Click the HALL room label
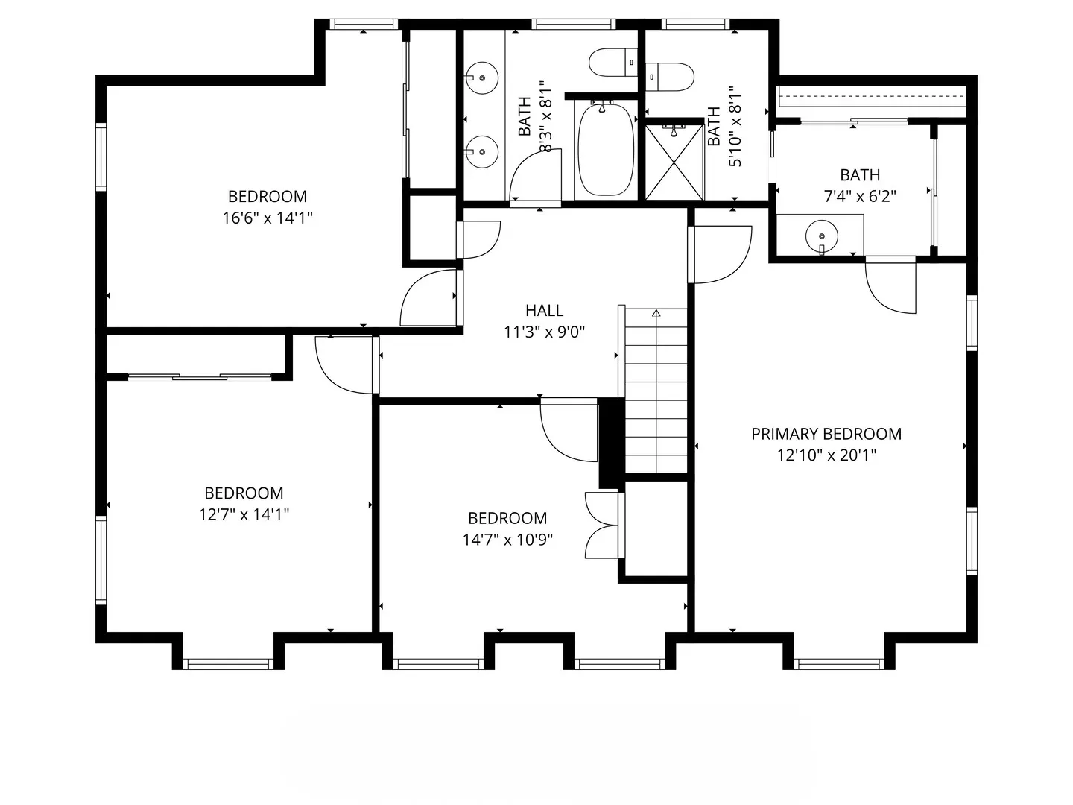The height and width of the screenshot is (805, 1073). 544,310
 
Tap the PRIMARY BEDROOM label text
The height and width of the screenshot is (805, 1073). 826,434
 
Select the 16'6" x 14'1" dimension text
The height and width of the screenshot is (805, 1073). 267,218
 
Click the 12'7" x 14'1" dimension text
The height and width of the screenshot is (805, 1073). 244,514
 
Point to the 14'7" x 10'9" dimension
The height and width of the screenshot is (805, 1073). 507,540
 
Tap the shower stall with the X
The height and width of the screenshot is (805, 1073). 674,162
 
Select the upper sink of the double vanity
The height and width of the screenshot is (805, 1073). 482,77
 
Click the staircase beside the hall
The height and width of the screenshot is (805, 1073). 656,391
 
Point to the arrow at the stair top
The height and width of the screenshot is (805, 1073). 656,314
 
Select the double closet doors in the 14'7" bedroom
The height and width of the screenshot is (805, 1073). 602,525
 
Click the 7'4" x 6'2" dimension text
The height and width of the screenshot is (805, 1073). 859,197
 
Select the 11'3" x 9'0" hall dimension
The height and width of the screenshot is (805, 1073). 544,332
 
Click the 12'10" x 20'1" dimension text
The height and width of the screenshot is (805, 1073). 826,455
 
